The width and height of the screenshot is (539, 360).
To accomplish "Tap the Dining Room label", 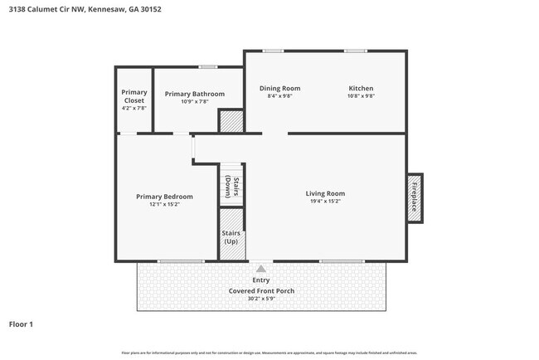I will pyautogui.click(x=279, y=88).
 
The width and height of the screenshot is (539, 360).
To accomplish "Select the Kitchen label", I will pyautogui.click(x=361, y=88).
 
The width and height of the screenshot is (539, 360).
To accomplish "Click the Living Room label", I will pyautogui.click(x=325, y=193).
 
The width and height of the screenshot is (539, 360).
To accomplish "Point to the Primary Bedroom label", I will pyautogui.click(x=164, y=197).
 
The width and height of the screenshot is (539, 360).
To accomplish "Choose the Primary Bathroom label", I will pyautogui.click(x=194, y=94).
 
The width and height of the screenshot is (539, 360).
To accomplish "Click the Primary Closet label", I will pyautogui.click(x=134, y=96).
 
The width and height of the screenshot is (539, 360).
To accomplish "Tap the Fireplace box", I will pyautogui.click(x=415, y=197).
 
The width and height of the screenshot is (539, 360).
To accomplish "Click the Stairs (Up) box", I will pyautogui.click(x=231, y=236).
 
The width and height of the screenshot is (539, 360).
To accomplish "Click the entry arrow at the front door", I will pyautogui.click(x=261, y=269).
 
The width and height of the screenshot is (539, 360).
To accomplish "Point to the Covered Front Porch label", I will pyautogui.click(x=261, y=291).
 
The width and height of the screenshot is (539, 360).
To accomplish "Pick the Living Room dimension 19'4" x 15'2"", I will pyautogui.click(x=325, y=201).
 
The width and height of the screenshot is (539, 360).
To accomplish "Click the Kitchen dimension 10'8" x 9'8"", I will pyautogui.click(x=361, y=96).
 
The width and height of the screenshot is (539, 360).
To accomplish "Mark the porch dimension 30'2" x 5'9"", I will pyautogui.click(x=261, y=299).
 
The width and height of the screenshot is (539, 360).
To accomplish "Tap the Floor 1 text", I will pyautogui.click(x=21, y=324).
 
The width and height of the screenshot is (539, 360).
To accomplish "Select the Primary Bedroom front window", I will pyautogui.click(x=180, y=261).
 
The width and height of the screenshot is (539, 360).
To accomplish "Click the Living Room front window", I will pyautogui.click(x=342, y=261).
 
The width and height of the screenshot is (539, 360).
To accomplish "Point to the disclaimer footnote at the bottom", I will pyautogui.click(x=269, y=353).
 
